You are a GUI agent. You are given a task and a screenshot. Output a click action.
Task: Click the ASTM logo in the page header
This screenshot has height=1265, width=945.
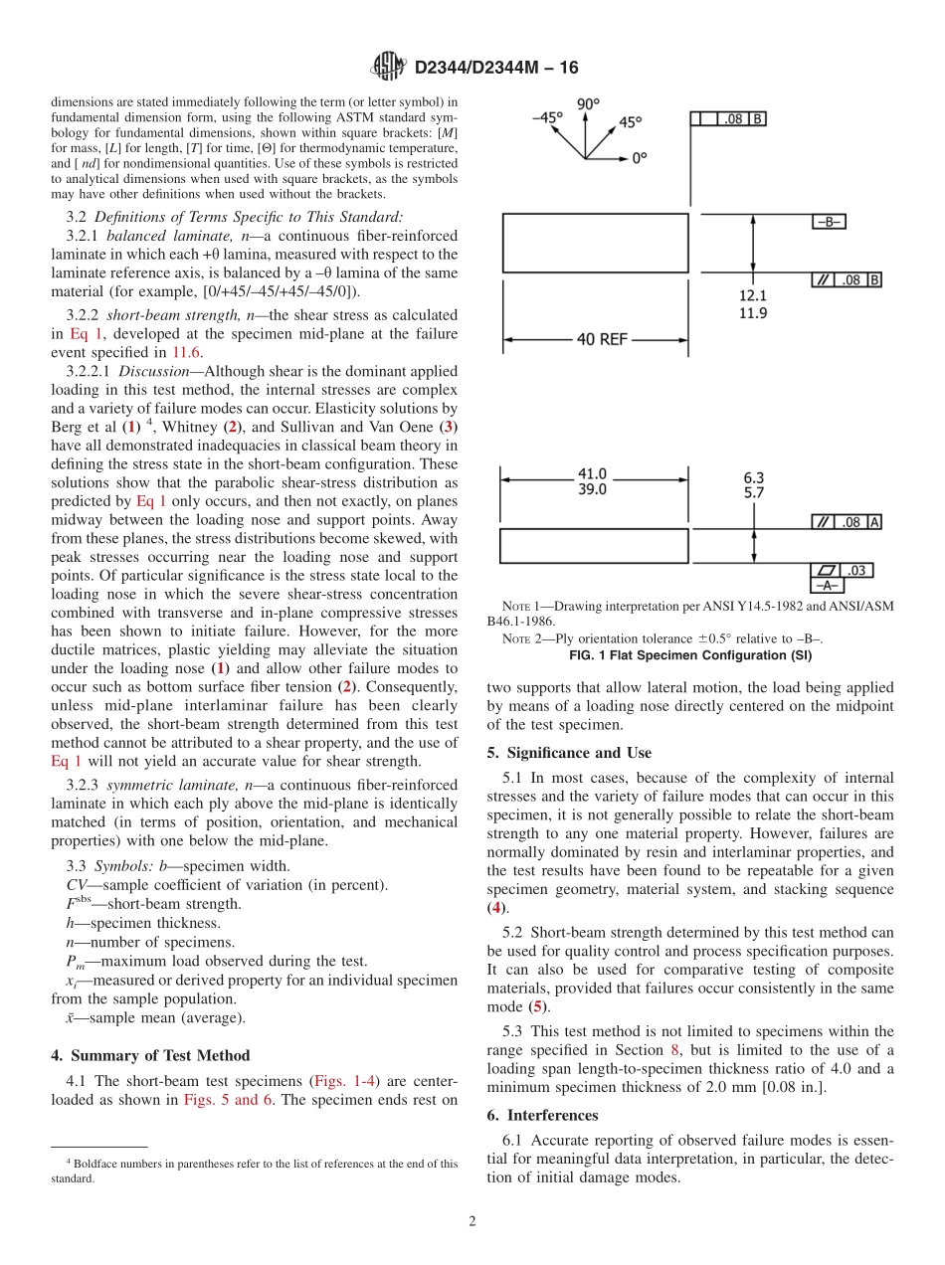[387, 67]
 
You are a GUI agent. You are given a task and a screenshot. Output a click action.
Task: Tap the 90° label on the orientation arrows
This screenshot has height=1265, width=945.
[588, 103]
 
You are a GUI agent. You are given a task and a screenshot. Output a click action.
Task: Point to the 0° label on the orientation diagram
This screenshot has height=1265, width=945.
[638, 157]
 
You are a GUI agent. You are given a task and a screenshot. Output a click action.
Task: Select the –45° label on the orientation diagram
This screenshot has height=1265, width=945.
[546, 116]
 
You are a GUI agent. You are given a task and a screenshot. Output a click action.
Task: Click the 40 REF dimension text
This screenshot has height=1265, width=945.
[602, 339]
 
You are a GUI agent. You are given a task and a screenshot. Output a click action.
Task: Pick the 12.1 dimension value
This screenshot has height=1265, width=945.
[752, 295]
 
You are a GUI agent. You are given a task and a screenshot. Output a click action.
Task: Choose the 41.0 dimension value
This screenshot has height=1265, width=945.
[592, 475]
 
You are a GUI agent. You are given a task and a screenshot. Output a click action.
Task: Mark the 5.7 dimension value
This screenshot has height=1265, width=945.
[753, 492]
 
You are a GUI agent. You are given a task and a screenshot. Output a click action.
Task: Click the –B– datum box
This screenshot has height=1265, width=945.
[829, 222]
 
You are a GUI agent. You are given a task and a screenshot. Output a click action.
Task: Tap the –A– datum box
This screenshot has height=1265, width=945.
[829, 586]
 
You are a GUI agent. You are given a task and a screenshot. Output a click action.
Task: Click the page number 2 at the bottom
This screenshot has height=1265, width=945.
[472, 1221]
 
